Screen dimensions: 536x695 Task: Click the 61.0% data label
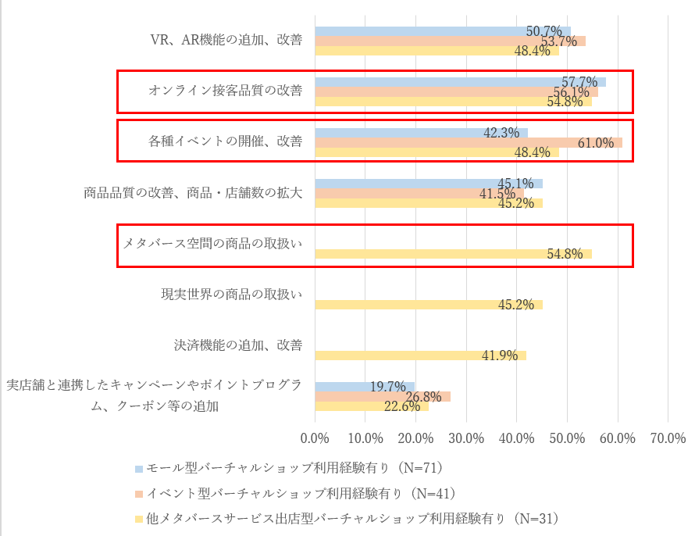pyautogui.click(x=596, y=143)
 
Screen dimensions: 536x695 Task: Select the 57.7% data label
pyautogui.click(x=579, y=82)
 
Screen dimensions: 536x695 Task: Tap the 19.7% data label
pyautogui.click(x=389, y=387)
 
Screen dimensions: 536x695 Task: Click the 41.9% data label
pyautogui.click(x=500, y=356)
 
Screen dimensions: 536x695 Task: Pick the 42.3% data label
pyautogui.click(x=501, y=133)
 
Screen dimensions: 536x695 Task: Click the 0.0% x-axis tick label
pyautogui.click(x=315, y=438)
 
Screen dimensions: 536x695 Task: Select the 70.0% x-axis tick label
pyautogui.click(x=668, y=438)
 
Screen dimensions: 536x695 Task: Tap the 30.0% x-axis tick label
pyautogui.click(x=466, y=438)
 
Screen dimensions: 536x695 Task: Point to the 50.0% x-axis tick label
pyautogui.click(x=567, y=438)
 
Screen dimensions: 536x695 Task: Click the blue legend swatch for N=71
pyautogui.click(x=139, y=469)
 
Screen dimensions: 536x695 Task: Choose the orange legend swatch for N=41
pyautogui.click(x=139, y=494)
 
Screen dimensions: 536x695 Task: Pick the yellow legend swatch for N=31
pyautogui.click(x=139, y=519)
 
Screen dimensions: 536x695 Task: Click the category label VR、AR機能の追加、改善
pyautogui.click(x=226, y=41)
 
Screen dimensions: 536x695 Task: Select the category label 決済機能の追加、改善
pyautogui.click(x=237, y=345)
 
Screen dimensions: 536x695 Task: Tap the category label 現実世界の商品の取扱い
pyautogui.click(x=231, y=294)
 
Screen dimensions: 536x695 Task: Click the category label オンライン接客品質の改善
pyautogui.click(x=225, y=91)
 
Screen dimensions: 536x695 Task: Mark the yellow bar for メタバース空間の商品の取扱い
pyautogui.click(x=453, y=254)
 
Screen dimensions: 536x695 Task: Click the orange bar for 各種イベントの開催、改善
pyautogui.click(x=469, y=142)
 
